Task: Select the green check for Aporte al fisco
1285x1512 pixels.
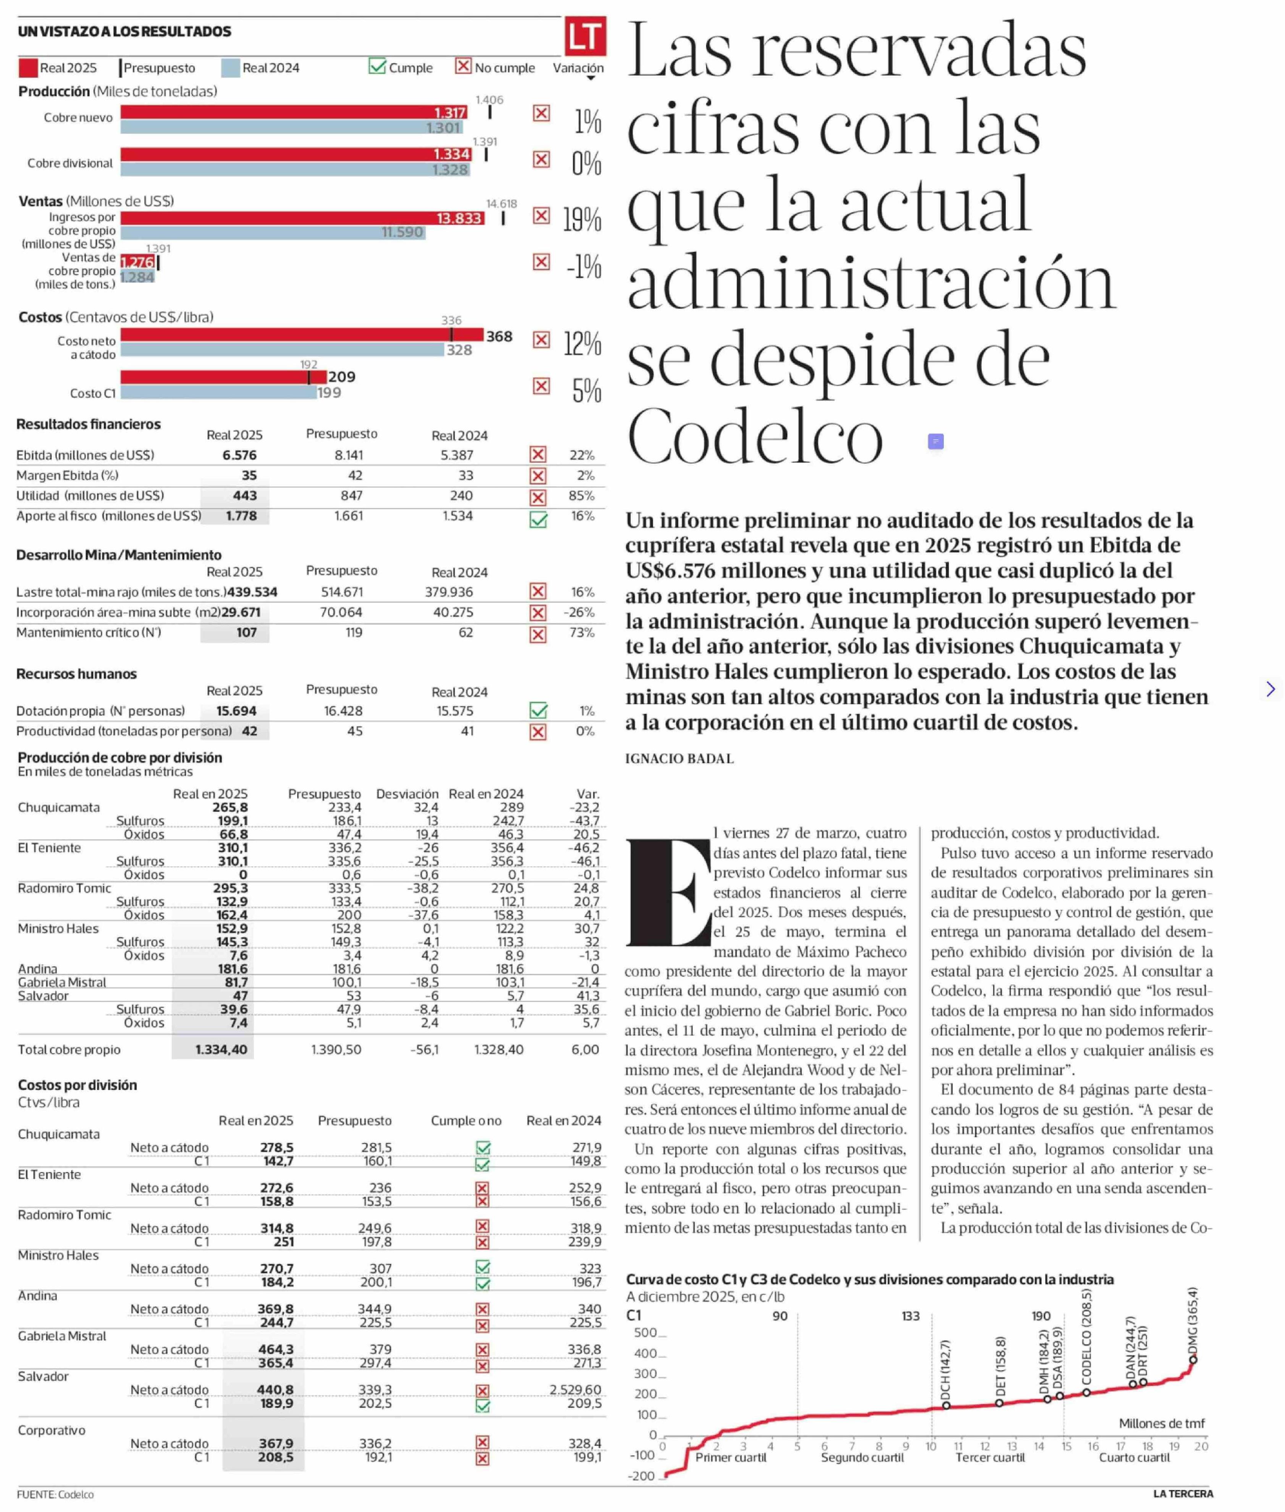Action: click(x=538, y=520)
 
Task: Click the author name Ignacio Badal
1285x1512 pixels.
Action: click(x=679, y=759)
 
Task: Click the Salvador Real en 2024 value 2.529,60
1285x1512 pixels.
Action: click(x=575, y=1389)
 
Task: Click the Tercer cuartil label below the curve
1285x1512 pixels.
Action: click(x=990, y=1457)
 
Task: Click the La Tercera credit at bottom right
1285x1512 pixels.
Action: click(x=1183, y=1494)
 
